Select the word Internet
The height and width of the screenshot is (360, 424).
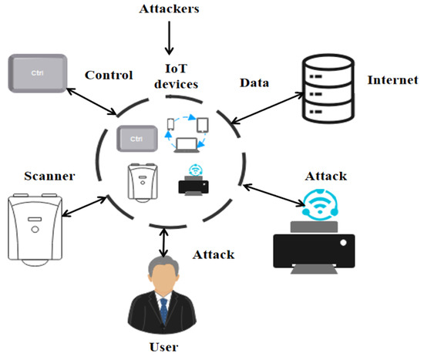pos(393,80)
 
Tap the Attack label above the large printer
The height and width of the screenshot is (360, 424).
pos(325,176)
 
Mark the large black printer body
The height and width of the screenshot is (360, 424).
pos(317,245)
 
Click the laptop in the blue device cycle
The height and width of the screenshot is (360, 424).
pos(186,143)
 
